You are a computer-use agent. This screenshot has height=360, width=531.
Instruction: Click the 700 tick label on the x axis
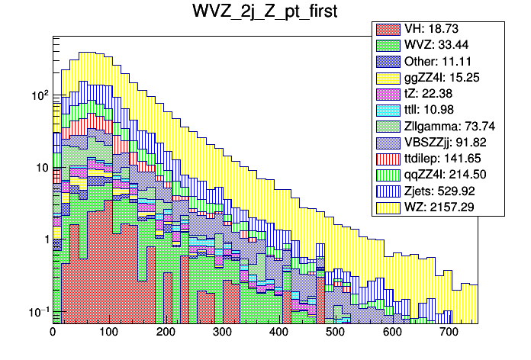coord(447,333)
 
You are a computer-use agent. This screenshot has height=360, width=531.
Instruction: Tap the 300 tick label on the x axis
coord(222,333)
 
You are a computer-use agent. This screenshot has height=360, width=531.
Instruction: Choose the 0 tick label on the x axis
coord(53,333)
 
